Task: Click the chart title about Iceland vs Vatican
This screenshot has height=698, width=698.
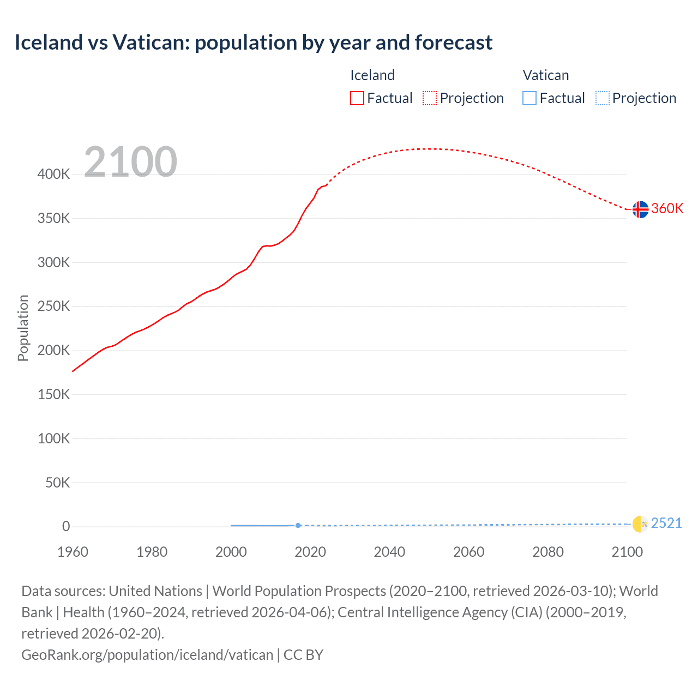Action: [x=254, y=43]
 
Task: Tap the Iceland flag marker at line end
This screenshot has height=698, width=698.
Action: [x=640, y=209]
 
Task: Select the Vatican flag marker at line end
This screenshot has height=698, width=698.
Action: [x=640, y=523]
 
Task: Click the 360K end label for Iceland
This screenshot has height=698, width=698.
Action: [x=667, y=209]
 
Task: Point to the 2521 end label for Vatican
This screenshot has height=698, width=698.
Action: [x=666, y=523]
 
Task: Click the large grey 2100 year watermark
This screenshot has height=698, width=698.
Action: [x=130, y=162]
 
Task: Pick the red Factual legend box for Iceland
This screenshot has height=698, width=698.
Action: [x=357, y=98]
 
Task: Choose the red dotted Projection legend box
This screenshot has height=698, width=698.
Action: [x=430, y=98]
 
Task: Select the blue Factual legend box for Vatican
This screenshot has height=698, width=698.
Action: [x=529, y=98]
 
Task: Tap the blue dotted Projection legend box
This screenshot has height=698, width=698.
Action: [x=602, y=98]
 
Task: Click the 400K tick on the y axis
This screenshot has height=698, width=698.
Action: [x=53, y=174]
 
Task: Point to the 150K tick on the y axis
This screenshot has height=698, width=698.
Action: [x=53, y=394]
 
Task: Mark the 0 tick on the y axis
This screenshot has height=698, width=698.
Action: [x=66, y=527]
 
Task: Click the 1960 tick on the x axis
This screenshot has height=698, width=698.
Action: [x=73, y=552]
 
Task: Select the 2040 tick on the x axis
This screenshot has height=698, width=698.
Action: [x=389, y=552]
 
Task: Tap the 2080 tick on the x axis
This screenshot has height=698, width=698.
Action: [x=547, y=552]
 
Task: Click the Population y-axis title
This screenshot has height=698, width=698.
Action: [x=23, y=328]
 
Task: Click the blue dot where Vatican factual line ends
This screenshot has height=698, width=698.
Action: [x=298, y=526]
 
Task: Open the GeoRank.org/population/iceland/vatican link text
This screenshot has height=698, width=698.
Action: [x=147, y=655]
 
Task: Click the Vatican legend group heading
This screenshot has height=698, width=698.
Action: [x=545, y=75]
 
